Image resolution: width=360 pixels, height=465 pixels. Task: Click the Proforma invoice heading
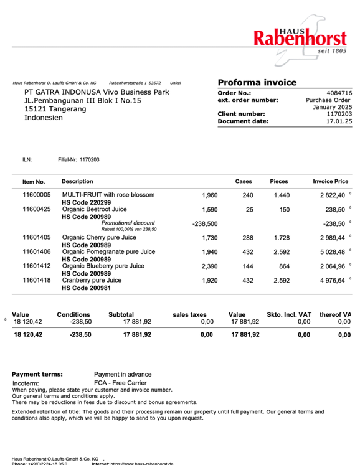click(x=257, y=83)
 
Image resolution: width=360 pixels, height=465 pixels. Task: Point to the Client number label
click(x=241, y=114)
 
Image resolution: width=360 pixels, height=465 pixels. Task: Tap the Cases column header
click(x=243, y=182)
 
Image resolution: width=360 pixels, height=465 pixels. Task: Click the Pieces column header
click(x=278, y=182)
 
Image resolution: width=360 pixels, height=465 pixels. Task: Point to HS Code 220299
click(x=86, y=202)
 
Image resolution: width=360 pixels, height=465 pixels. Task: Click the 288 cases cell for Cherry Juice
click(x=247, y=238)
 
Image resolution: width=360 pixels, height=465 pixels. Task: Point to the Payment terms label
click(x=37, y=374)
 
